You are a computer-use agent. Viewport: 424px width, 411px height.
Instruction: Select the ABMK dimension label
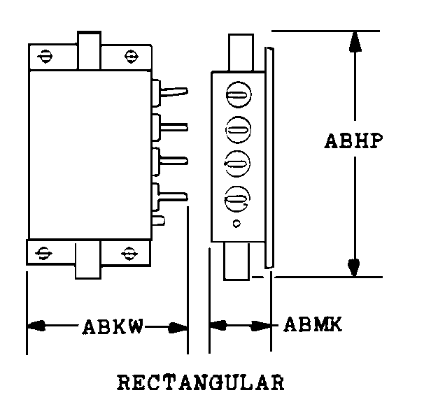pyautogui.click(x=312, y=325)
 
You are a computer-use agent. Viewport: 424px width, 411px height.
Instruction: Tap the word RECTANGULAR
pyautogui.click(x=201, y=383)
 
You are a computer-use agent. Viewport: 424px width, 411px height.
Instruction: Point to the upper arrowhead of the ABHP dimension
pyautogui.click(x=355, y=42)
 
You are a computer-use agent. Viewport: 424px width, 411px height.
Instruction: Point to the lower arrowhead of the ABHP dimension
pyautogui.click(x=355, y=266)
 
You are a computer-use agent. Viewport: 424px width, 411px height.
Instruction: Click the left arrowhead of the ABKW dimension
pyautogui.click(x=36, y=326)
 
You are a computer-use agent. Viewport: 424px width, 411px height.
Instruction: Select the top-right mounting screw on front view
pyautogui.click(x=130, y=56)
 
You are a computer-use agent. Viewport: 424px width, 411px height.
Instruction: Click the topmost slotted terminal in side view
pyautogui.click(x=237, y=95)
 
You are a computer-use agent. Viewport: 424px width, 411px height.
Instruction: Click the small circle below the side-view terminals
pyautogui.click(x=236, y=224)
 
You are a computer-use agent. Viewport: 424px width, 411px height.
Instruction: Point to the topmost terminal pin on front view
pyautogui.click(x=175, y=92)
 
